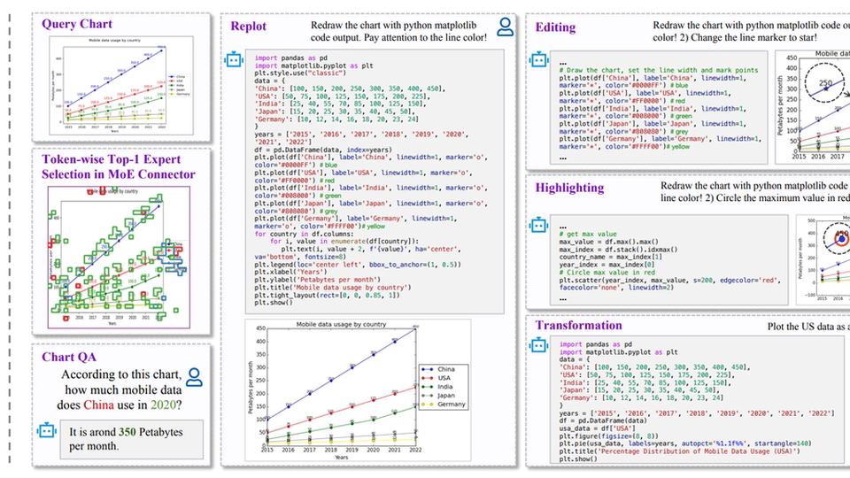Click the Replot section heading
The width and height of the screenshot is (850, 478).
(248, 27)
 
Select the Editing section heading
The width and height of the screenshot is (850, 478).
(555, 27)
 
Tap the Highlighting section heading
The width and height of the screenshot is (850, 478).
(569, 188)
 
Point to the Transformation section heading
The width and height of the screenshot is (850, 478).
(578, 325)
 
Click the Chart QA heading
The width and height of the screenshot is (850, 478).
(69, 357)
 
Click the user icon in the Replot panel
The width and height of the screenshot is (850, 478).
(505, 27)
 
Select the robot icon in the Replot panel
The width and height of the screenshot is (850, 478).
(234, 59)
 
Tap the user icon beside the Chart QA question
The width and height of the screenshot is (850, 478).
(194, 378)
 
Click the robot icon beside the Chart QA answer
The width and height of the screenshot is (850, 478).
(46, 430)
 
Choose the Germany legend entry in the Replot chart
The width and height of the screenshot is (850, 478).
(450, 405)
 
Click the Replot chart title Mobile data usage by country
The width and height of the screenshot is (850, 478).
(341, 325)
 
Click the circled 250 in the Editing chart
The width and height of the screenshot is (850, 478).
(824, 85)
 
